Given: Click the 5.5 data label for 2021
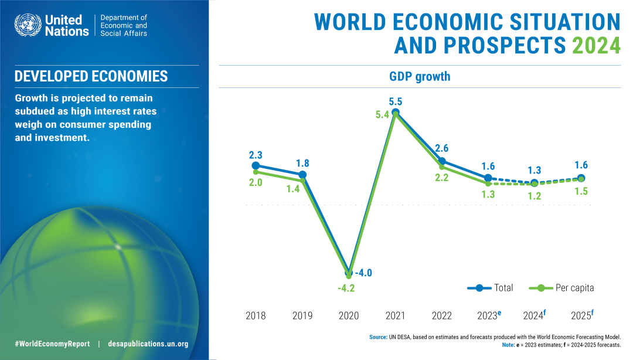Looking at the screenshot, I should [396, 101].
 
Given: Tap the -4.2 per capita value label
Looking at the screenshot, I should [346, 288].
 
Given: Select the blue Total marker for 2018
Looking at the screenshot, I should [256, 166].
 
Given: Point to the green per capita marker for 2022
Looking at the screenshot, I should [442, 167].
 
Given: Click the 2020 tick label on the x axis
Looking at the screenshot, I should [349, 316].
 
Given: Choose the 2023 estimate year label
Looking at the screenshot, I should [489, 315].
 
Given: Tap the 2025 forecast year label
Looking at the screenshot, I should [582, 315].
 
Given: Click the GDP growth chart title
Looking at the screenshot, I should [420, 77].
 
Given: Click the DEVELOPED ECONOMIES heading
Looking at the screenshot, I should [91, 76].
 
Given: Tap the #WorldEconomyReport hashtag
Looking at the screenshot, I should [52, 344].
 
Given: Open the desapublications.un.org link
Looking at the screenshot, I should [148, 344].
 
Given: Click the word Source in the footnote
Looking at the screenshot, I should [378, 337].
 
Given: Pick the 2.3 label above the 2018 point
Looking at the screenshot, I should [256, 155].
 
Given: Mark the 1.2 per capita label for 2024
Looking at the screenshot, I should [535, 196].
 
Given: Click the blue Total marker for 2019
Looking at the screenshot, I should [302, 175].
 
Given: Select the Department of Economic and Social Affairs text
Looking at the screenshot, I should [124, 25].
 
